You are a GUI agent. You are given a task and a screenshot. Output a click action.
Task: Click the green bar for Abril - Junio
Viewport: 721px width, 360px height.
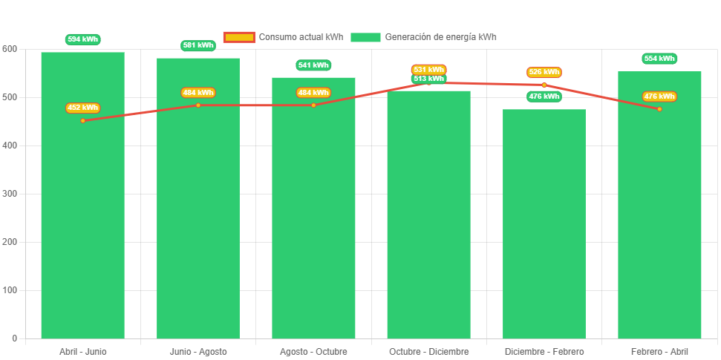pos(82,223)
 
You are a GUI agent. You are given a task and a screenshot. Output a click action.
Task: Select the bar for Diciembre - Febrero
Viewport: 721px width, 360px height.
pos(544,238)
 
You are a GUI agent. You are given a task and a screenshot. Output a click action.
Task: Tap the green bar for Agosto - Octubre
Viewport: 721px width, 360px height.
pos(313,223)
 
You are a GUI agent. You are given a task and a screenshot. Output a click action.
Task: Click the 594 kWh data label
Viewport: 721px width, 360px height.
pos(82,39)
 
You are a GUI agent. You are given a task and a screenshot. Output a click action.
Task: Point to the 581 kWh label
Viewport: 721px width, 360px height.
pos(198,45)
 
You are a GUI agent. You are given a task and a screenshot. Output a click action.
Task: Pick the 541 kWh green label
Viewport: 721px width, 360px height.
pos(313,65)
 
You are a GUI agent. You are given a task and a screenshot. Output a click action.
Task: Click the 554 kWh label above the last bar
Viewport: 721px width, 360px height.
pos(659,59)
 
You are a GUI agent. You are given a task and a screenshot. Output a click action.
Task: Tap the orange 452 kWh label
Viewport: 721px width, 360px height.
pos(82,108)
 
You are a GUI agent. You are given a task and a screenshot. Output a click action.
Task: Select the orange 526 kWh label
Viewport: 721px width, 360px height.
pos(544,72)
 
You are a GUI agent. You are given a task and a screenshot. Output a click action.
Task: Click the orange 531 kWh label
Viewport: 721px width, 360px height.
pos(429,70)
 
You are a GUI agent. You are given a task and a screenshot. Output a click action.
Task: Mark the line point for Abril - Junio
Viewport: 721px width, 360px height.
pos(82,120)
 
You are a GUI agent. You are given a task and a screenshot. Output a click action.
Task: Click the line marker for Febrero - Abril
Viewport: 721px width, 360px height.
pos(659,109)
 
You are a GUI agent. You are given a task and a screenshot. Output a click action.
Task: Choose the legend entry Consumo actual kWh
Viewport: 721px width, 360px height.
pos(284,37)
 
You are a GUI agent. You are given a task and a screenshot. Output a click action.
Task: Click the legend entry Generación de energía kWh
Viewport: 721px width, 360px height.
pos(424,37)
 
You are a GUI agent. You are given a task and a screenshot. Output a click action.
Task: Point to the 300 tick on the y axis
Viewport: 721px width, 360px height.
pos(10,194)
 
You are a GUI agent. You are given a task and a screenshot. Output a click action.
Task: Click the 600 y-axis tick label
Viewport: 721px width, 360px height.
pos(10,49)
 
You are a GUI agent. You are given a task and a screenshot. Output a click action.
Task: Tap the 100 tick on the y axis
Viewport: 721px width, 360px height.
pos(10,290)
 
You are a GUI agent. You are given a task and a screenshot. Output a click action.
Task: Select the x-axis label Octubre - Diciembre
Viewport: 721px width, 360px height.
pos(429,351)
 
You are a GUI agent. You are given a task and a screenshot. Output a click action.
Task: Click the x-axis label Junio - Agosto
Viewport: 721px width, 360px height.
pos(198,351)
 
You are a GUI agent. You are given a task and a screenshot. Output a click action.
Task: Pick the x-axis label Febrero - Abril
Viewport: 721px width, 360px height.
pos(659,351)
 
